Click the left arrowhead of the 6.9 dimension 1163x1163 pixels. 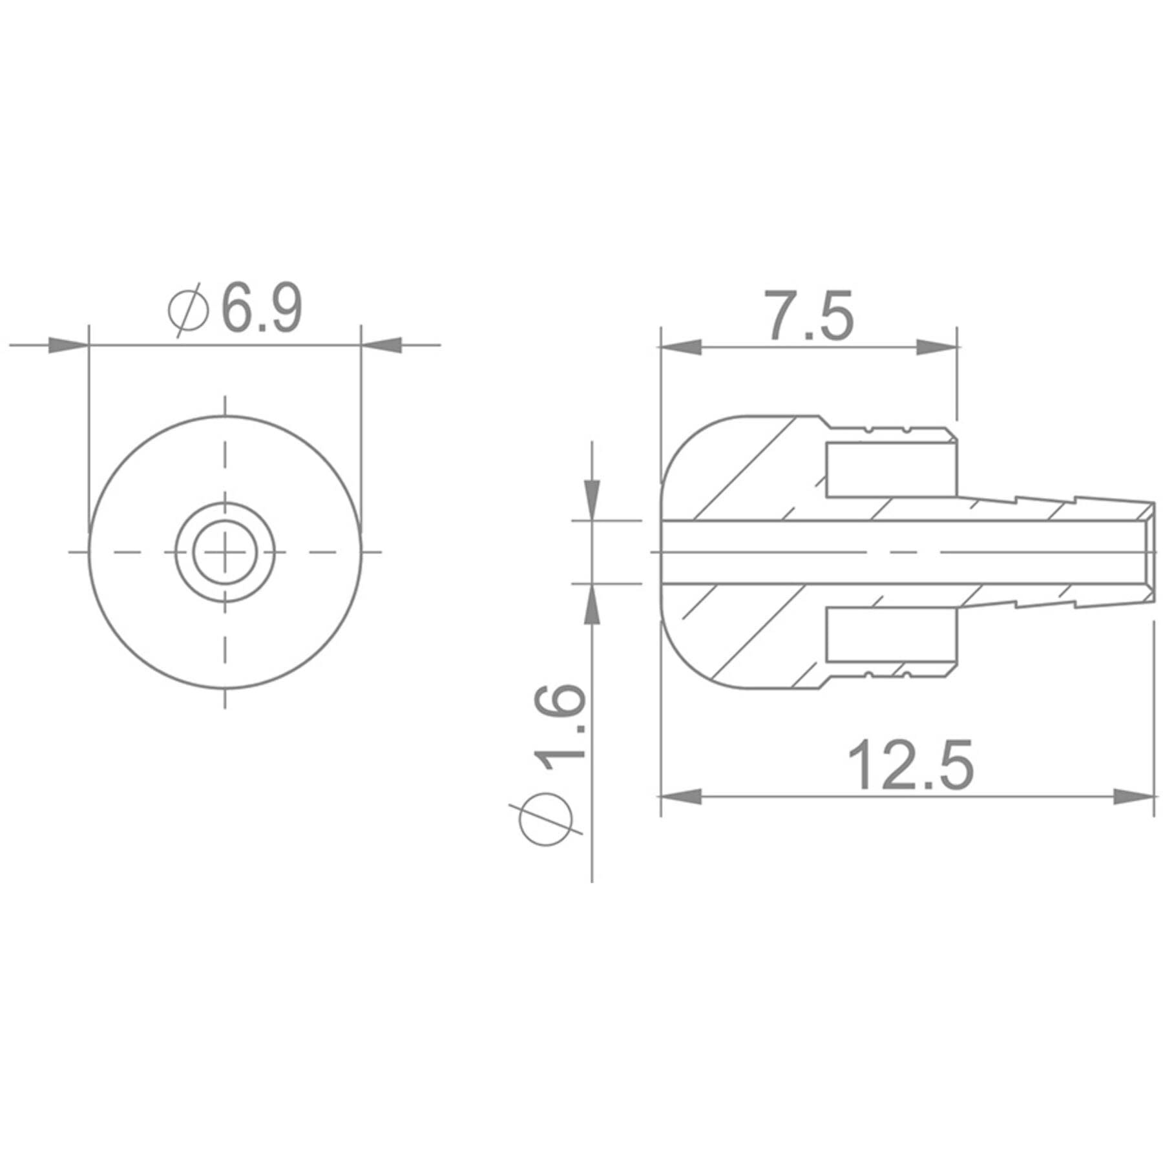coord(68,345)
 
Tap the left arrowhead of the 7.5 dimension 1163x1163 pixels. coord(680,347)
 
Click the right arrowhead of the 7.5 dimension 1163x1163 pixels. coord(936,347)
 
